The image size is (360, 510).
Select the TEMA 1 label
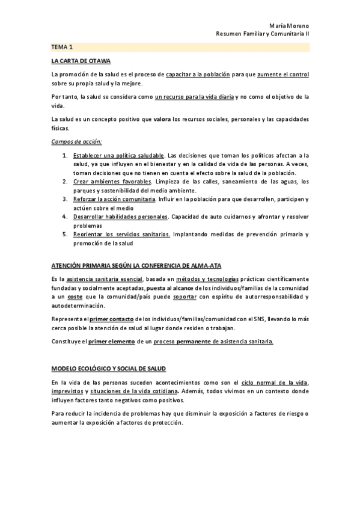pos(62,47)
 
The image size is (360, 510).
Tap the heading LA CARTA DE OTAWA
pos(81,61)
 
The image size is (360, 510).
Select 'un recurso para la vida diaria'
pos(194,96)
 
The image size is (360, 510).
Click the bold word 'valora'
pos(162,119)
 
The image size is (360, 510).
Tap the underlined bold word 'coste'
pos(75,297)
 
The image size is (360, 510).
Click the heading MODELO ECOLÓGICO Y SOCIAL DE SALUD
pos(109,368)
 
